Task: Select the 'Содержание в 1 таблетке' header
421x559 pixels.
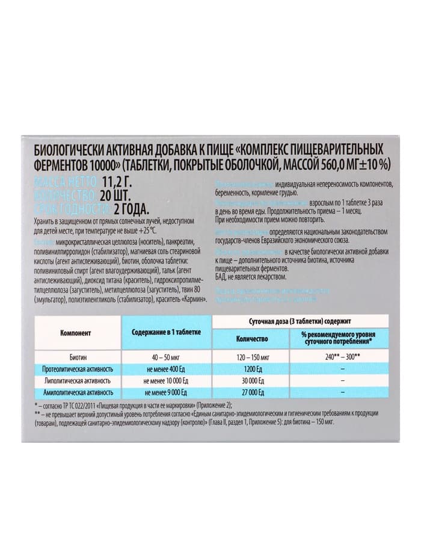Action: [166, 332]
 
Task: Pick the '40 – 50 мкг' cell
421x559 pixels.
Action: [166, 356]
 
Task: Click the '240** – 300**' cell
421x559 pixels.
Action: [342, 356]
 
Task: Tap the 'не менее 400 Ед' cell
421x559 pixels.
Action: [166, 368]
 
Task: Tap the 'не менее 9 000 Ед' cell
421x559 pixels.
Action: [166, 393]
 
